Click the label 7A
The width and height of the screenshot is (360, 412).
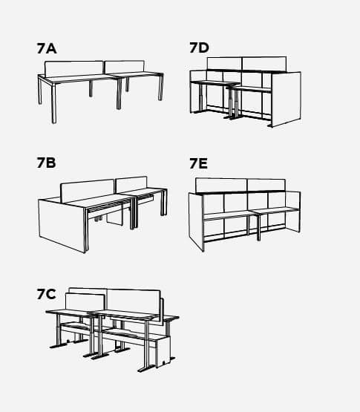[47, 48]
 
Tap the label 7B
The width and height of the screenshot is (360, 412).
[47, 163]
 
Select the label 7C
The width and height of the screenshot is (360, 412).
[47, 294]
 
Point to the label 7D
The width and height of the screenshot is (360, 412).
[200, 48]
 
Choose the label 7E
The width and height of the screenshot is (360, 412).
[199, 163]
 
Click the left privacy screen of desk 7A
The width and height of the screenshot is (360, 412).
[73, 69]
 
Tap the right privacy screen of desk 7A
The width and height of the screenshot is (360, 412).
[125, 67]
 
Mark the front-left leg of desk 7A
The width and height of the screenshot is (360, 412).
[53, 103]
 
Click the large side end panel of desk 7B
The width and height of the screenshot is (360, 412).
[62, 226]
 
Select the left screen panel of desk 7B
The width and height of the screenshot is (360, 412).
[88, 191]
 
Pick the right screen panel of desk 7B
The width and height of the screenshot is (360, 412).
[131, 184]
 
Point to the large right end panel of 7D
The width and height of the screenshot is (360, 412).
[287, 99]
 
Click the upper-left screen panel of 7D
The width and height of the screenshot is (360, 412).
[224, 64]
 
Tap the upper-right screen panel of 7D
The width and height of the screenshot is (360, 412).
[264, 64]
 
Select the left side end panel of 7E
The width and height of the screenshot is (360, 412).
[196, 222]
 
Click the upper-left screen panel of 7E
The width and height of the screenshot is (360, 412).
[221, 186]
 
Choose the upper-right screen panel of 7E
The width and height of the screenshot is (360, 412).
[266, 186]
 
